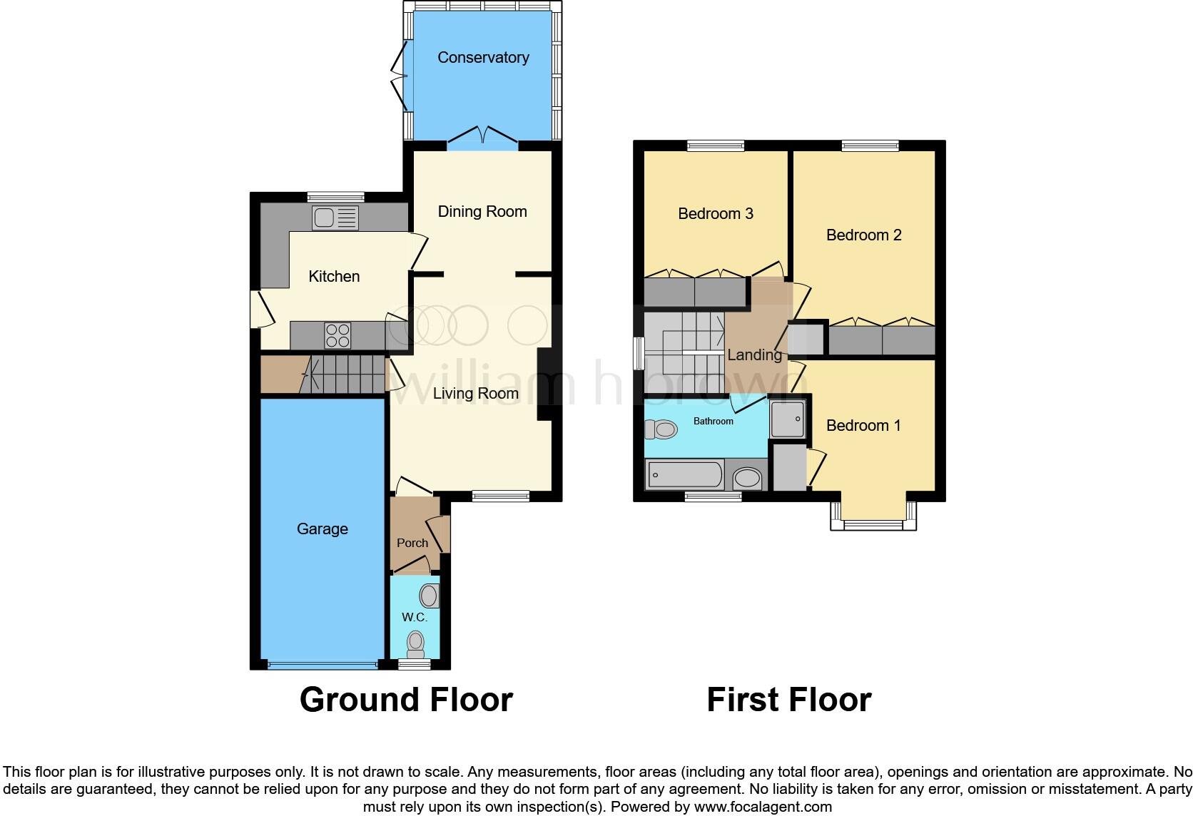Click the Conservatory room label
[483, 58]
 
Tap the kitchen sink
[335, 218]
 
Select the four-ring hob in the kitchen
[338, 335]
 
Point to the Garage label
[323, 529]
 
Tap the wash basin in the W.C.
[430, 596]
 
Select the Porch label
[412, 543]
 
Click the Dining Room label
[482, 212]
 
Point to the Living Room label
[476, 394]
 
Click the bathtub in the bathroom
[684, 475]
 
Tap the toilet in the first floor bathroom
[661, 429]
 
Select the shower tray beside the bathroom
[788, 418]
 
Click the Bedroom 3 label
[716, 214]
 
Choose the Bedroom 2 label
[863, 235]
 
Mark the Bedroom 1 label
[863, 426]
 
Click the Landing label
[754, 355]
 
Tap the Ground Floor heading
[406, 700]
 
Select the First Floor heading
[788, 700]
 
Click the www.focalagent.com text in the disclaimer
[763, 807]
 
